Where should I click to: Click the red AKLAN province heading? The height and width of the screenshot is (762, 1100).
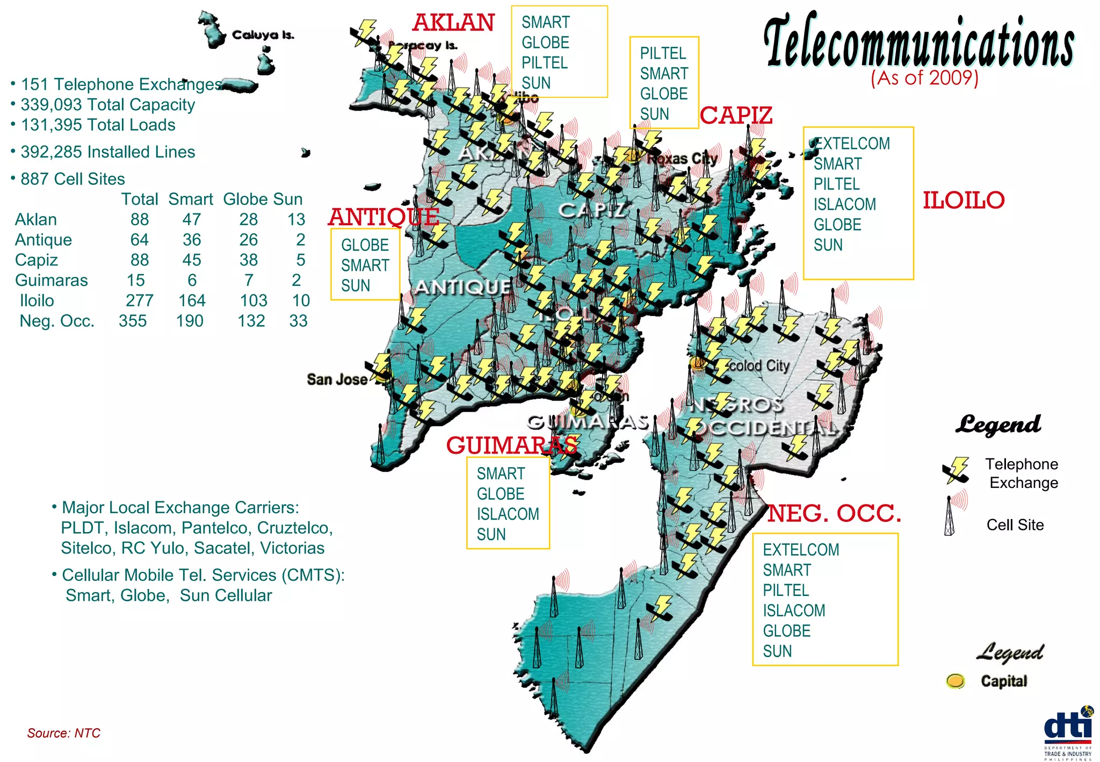[x=454, y=23]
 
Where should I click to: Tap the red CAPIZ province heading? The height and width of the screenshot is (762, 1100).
[x=736, y=116]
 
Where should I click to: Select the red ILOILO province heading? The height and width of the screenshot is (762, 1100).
[x=964, y=200]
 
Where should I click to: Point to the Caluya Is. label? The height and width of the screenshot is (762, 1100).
[x=263, y=35]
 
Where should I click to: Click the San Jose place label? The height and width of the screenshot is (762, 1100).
[x=337, y=379]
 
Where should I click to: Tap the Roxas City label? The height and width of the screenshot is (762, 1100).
[x=682, y=159]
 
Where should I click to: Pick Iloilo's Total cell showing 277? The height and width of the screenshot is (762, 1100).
[x=139, y=300]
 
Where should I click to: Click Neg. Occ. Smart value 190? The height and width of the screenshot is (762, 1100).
[x=190, y=321]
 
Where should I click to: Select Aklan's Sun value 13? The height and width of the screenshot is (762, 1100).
[x=296, y=219]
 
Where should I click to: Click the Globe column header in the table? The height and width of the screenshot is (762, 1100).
[x=241, y=199]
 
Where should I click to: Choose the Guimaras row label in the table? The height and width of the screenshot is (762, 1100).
[x=51, y=280]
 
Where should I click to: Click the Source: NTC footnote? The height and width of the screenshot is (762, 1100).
[x=63, y=733]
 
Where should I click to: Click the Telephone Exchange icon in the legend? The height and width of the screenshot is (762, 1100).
[x=956, y=470]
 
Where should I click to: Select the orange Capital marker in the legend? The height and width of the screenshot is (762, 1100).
[x=956, y=681]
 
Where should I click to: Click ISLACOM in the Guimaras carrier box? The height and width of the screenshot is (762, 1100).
[x=508, y=514]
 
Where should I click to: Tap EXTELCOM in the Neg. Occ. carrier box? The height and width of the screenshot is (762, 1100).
[x=801, y=550]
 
